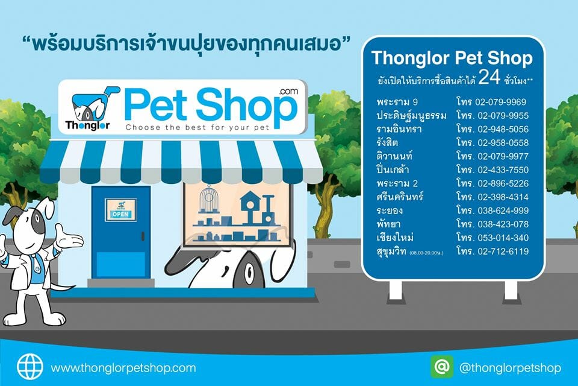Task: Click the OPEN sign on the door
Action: [x=120, y=210]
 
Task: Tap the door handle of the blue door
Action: [x=143, y=236]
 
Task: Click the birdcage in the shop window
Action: [x=208, y=200]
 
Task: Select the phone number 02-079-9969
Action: [x=500, y=102]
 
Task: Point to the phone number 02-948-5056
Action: [x=503, y=129]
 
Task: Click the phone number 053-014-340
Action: [x=503, y=238]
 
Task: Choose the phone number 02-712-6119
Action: [x=503, y=252]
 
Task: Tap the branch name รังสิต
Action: [x=387, y=142]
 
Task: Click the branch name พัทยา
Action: [x=388, y=224]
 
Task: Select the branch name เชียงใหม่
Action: [x=395, y=237]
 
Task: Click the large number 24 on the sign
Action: [x=489, y=78]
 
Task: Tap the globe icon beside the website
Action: [x=30, y=367]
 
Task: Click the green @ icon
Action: [x=442, y=367]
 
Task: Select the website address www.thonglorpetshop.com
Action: [x=123, y=368]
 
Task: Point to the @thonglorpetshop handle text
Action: [x=510, y=368]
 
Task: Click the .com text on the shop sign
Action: [x=288, y=91]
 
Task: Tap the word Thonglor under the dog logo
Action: [x=88, y=125]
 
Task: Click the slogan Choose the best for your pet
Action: [x=197, y=127]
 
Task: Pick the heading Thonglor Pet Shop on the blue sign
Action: [x=452, y=59]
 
